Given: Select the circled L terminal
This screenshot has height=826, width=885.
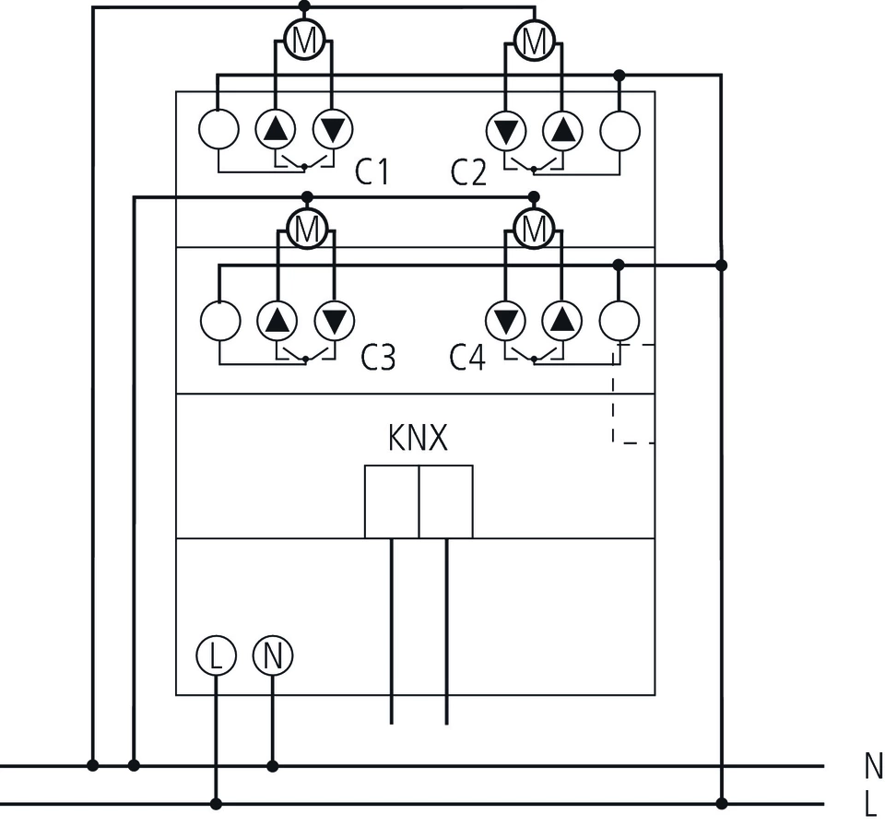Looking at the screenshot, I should tap(216, 655).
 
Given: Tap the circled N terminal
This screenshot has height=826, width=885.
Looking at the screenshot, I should tap(272, 655).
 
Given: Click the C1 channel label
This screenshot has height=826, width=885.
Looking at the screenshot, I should tap(372, 172).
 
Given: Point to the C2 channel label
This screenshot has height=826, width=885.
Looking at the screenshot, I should tap(468, 172).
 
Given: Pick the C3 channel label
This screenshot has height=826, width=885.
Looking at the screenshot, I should tap(378, 358).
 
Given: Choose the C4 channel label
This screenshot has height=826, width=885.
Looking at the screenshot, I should tap(467, 358).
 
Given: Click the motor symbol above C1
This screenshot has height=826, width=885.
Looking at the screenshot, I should tap(302, 40).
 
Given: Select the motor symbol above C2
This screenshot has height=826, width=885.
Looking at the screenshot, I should tap(533, 40).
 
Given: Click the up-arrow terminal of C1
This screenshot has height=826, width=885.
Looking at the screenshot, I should tap(275, 130).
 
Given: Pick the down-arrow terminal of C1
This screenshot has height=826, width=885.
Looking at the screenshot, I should tap(333, 130).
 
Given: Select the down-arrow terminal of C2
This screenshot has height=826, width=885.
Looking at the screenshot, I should tap(505, 130).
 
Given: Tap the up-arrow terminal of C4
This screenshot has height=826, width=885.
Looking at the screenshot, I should tap(562, 320).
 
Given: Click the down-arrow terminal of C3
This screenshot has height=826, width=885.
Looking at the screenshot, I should tap(334, 320).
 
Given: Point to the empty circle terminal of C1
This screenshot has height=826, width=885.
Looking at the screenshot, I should tap(218, 130).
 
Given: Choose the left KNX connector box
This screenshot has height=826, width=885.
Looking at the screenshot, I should tap(391, 501).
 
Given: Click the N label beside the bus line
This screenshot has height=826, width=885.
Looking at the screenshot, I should tap(872, 765).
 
